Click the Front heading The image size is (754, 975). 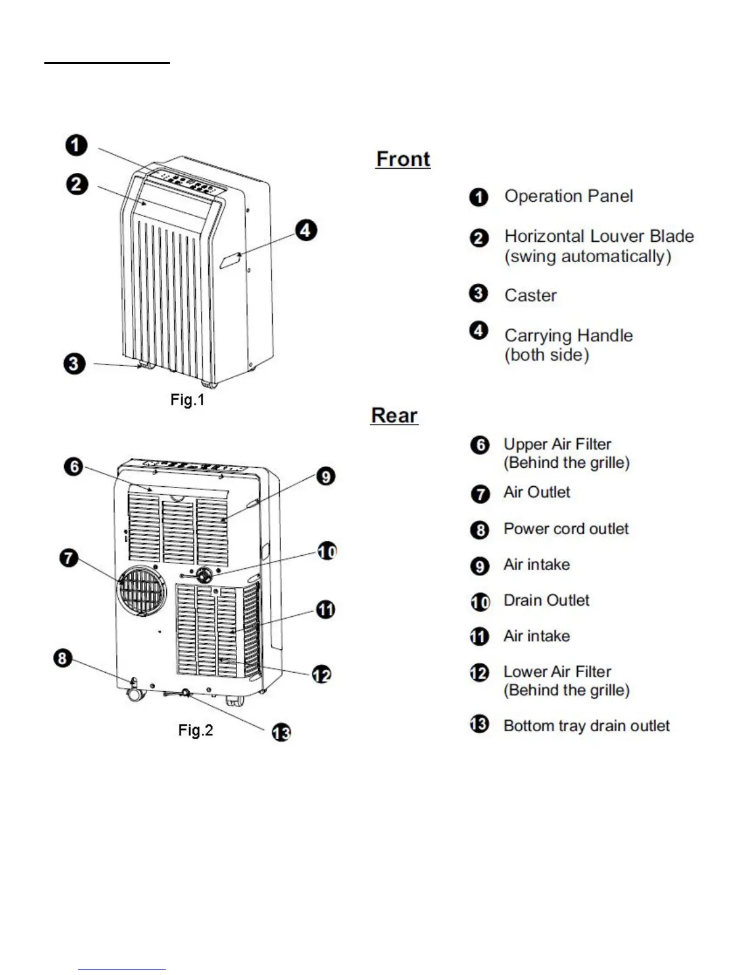[x=403, y=159]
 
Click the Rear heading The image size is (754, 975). [x=394, y=415]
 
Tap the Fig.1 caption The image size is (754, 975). [x=187, y=400]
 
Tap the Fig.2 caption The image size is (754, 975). [x=195, y=730]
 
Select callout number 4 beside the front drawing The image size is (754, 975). [x=306, y=231]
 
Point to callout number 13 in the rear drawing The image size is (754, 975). [x=282, y=732]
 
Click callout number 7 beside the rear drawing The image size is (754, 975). [x=68, y=559]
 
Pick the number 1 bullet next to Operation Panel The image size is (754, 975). [x=479, y=198]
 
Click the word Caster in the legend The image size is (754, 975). [x=530, y=295]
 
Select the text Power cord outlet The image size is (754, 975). [x=566, y=529]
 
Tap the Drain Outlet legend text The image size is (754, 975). [x=546, y=600]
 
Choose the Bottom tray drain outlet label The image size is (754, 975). [x=586, y=726]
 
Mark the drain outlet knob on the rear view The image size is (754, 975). [x=203, y=576]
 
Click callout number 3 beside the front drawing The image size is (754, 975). [x=74, y=363]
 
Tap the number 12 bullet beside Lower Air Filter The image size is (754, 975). [x=479, y=673]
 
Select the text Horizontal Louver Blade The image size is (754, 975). [x=599, y=236]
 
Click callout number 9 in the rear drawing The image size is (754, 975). [x=325, y=476]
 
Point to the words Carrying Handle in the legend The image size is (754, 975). [x=569, y=335]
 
